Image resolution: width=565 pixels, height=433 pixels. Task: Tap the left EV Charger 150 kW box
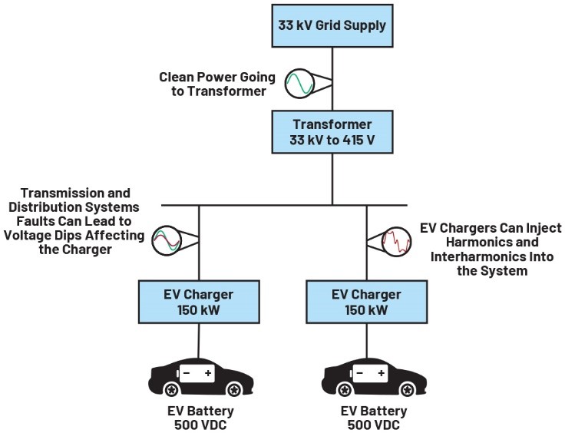click(200, 302)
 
